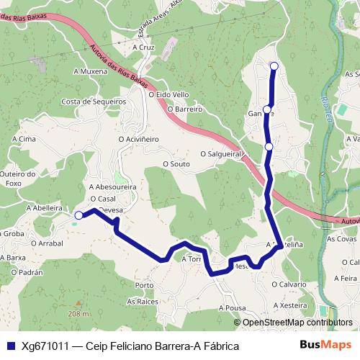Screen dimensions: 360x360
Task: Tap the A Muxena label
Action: tap(91, 71)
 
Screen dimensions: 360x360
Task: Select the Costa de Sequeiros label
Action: tap(94, 102)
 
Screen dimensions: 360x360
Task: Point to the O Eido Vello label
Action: tap(168, 94)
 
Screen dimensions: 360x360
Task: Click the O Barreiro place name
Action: tap(184, 109)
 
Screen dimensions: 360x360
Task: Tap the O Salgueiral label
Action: tap(221, 154)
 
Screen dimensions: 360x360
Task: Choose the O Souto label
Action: tap(176, 164)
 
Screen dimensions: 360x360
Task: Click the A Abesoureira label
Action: tap(112, 186)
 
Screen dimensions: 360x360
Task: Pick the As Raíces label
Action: tap(143, 303)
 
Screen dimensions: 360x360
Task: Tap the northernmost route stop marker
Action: tap(274, 66)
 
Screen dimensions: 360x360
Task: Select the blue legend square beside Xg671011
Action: tap(11, 346)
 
